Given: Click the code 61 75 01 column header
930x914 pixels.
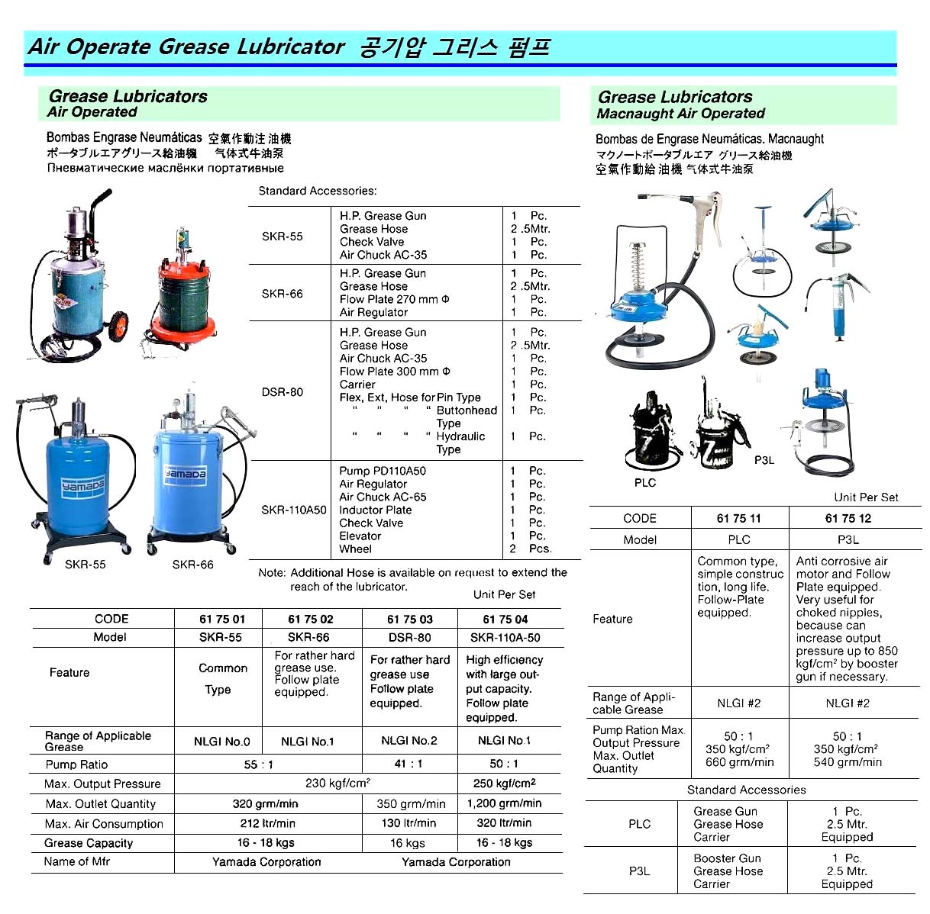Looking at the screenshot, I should click(x=222, y=619).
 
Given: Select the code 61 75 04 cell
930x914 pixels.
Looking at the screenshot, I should click(x=505, y=619).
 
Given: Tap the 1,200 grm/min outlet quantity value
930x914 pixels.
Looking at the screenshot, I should click(x=504, y=803).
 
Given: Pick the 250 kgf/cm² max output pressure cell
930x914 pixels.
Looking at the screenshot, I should click(x=504, y=784).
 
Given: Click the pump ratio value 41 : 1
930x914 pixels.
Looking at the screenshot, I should click(x=409, y=764).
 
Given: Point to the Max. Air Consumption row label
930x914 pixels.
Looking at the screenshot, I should click(x=104, y=824).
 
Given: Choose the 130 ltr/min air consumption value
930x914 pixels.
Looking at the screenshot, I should click(x=409, y=823).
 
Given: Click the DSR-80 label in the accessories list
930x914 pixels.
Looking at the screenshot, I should click(x=283, y=392).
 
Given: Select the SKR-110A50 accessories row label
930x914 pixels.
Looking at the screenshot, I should click(x=293, y=510).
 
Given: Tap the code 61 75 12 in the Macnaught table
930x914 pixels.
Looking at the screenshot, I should click(x=848, y=518).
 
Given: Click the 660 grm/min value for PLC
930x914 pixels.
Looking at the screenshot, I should click(x=739, y=762).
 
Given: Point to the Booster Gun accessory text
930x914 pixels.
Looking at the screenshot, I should click(x=727, y=858).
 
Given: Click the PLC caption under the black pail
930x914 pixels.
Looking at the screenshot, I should click(x=644, y=483).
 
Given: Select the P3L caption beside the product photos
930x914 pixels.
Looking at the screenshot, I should click(x=764, y=460).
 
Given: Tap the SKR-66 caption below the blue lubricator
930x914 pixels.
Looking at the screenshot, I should click(x=192, y=565).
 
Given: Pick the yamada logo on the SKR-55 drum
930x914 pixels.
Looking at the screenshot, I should click(x=83, y=486).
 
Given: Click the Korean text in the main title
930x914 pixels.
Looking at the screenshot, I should click(x=454, y=48).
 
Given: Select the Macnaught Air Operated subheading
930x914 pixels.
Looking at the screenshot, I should click(x=680, y=114).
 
